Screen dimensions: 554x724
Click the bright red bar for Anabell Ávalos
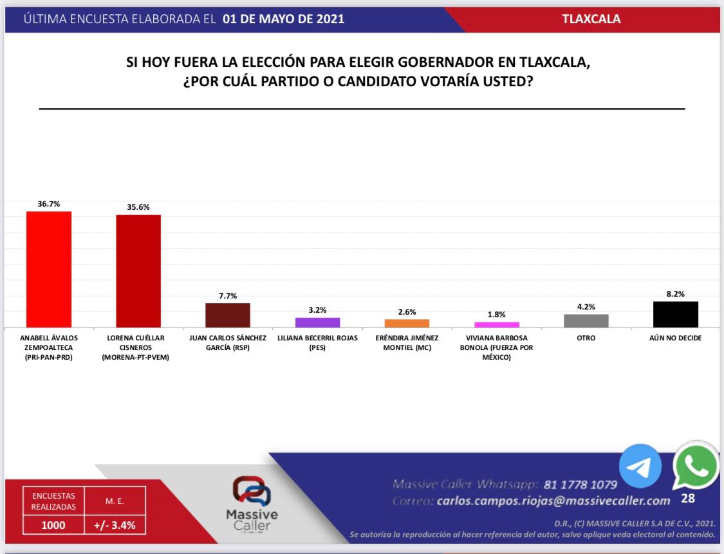48,269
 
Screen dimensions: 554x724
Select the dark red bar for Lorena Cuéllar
138,271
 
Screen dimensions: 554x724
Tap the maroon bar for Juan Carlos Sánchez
228,315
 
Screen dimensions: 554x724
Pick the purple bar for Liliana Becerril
317,322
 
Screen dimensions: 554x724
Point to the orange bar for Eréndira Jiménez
407,323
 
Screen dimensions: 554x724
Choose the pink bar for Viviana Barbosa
497,324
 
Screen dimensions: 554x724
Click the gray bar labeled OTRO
586,320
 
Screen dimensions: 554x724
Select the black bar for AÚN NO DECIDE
676,314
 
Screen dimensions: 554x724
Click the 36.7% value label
48,203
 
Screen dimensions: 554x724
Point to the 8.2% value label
676,293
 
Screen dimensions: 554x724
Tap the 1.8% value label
496,314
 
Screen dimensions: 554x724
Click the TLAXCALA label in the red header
591,19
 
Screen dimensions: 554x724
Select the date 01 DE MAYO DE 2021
283,19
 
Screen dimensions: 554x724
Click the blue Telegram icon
640,466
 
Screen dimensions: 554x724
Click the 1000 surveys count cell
53,525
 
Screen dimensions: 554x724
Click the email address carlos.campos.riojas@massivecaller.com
553,501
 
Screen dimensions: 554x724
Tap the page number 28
688,498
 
